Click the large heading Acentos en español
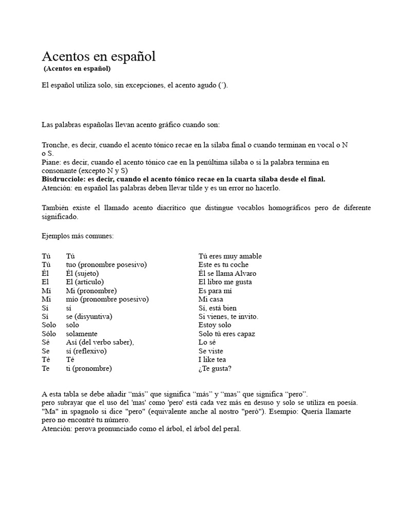(98, 57)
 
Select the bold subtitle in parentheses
(77, 68)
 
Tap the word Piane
(50, 162)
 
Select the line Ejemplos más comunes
(78, 236)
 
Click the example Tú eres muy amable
(230, 256)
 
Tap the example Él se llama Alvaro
(227, 274)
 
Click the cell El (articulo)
(85, 282)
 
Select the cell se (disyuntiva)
(89, 316)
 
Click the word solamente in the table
(81, 334)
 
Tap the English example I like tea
(212, 360)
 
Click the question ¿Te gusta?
(215, 368)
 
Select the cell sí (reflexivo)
(86, 351)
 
